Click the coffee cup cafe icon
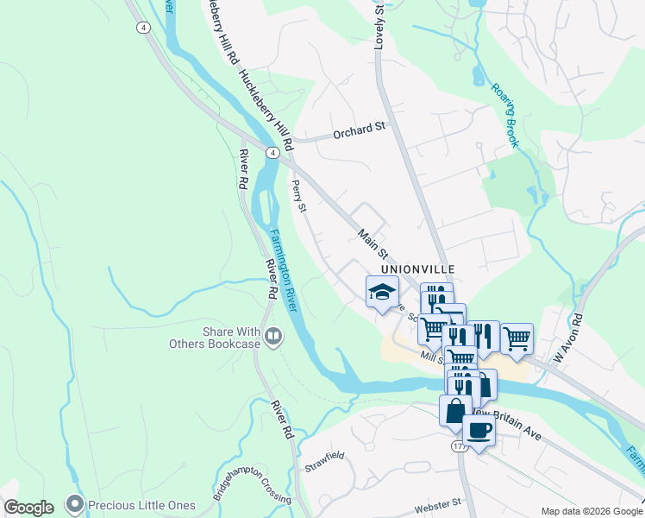(x=479, y=429)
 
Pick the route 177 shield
(x=460, y=446)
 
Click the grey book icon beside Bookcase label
(x=274, y=336)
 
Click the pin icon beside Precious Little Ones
(x=75, y=502)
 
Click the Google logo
(x=28, y=507)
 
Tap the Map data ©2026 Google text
(x=591, y=511)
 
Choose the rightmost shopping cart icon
(x=516, y=338)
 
